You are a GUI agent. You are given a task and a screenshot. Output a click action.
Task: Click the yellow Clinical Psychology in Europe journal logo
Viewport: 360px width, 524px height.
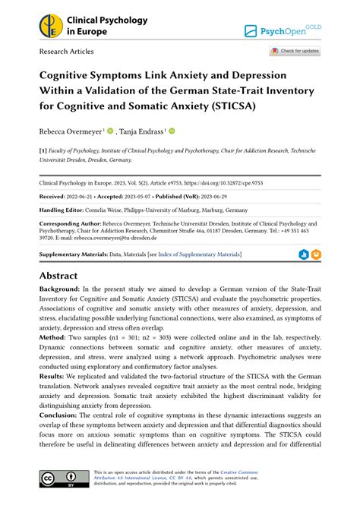pyautogui.click(x=51, y=27)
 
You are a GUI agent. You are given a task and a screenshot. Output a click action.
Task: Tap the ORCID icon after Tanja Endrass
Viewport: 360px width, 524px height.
pyautogui.click(x=172, y=131)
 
